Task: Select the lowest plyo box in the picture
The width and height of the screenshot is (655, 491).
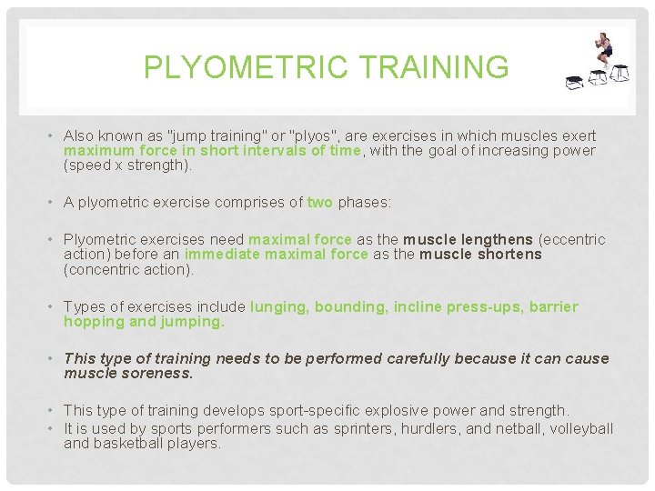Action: pyautogui.click(x=575, y=83)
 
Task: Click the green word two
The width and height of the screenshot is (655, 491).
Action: pyautogui.click(x=320, y=203)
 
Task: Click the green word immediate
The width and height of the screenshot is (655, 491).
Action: pyautogui.click(x=222, y=255)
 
